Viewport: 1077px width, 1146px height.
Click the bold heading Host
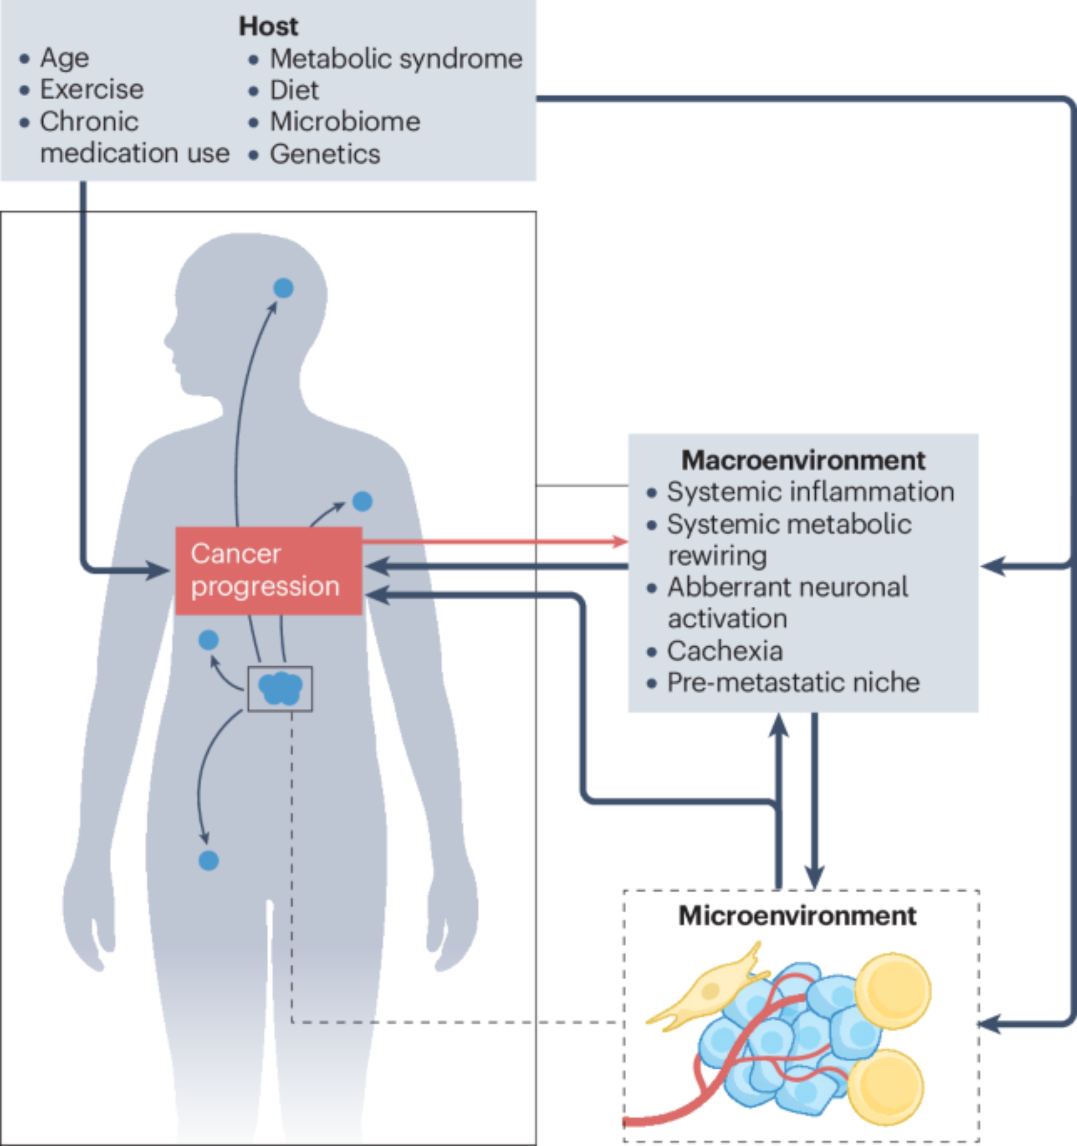pos(269,26)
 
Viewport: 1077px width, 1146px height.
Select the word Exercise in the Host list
pos(92,89)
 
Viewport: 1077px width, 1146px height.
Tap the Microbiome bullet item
pos(345,121)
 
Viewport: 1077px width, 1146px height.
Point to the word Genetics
pos(325,154)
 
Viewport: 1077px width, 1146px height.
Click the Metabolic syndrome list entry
pos(396,58)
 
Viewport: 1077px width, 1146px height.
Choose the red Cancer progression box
pos(269,570)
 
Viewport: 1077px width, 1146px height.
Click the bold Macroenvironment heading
pos(803,460)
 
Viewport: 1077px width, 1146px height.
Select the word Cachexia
pos(724,651)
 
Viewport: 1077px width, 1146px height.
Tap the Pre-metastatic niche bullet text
pos(793,682)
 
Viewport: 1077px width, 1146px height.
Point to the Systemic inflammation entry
pos(810,492)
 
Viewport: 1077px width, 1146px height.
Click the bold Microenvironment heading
pos(797,916)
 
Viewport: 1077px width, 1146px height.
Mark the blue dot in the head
pos(283,288)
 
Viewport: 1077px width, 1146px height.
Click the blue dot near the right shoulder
pos(362,501)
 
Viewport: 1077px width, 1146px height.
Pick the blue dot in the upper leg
pos(209,861)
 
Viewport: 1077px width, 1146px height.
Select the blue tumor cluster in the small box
pos(280,688)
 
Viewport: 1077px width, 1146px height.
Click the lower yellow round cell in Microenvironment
pos(886,1088)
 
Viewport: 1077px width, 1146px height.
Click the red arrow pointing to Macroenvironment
pos(496,541)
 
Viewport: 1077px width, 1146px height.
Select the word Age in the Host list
pos(65,58)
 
